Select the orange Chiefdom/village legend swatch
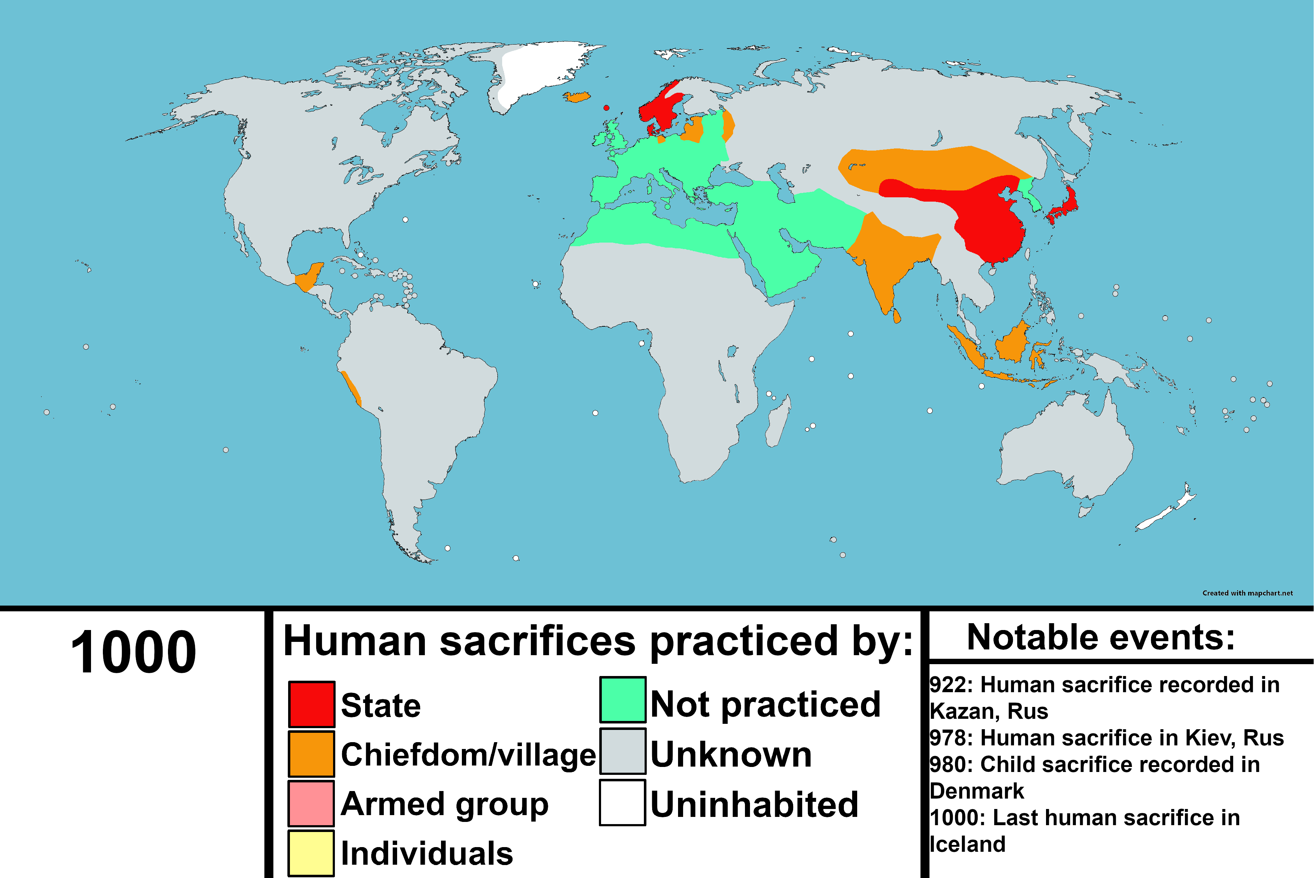(312, 754)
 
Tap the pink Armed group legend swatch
(312, 803)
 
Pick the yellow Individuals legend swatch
(312, 852)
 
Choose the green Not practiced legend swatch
(623, 699)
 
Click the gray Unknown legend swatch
(623, 751)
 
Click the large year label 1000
(133, 652)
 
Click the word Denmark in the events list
(977, 791)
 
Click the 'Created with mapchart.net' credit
(1247, 593)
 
